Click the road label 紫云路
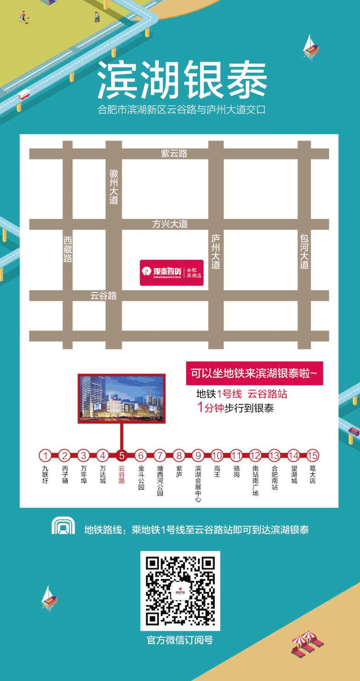(x=174, y=153)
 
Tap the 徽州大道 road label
(x=114, y=186)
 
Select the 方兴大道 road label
(x=170, y=224)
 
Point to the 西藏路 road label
(x=68, y=250)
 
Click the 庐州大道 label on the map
(x=216, y=251)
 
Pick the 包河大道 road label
(x=304, y=251)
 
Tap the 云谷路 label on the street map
(x=103, y=296)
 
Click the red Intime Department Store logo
(x=172, y=273)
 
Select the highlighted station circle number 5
(x=122, y=456)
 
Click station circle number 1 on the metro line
(x=45, y=456)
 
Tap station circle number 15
(x=312, y=456)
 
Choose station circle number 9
(x=198, y=456)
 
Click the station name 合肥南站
(x=275, y=478)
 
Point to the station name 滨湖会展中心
(x=198, y=484)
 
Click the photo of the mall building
(x=122, y=399)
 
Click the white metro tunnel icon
(x=63, y=528)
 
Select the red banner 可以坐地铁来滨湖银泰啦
(x=254, y=373)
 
